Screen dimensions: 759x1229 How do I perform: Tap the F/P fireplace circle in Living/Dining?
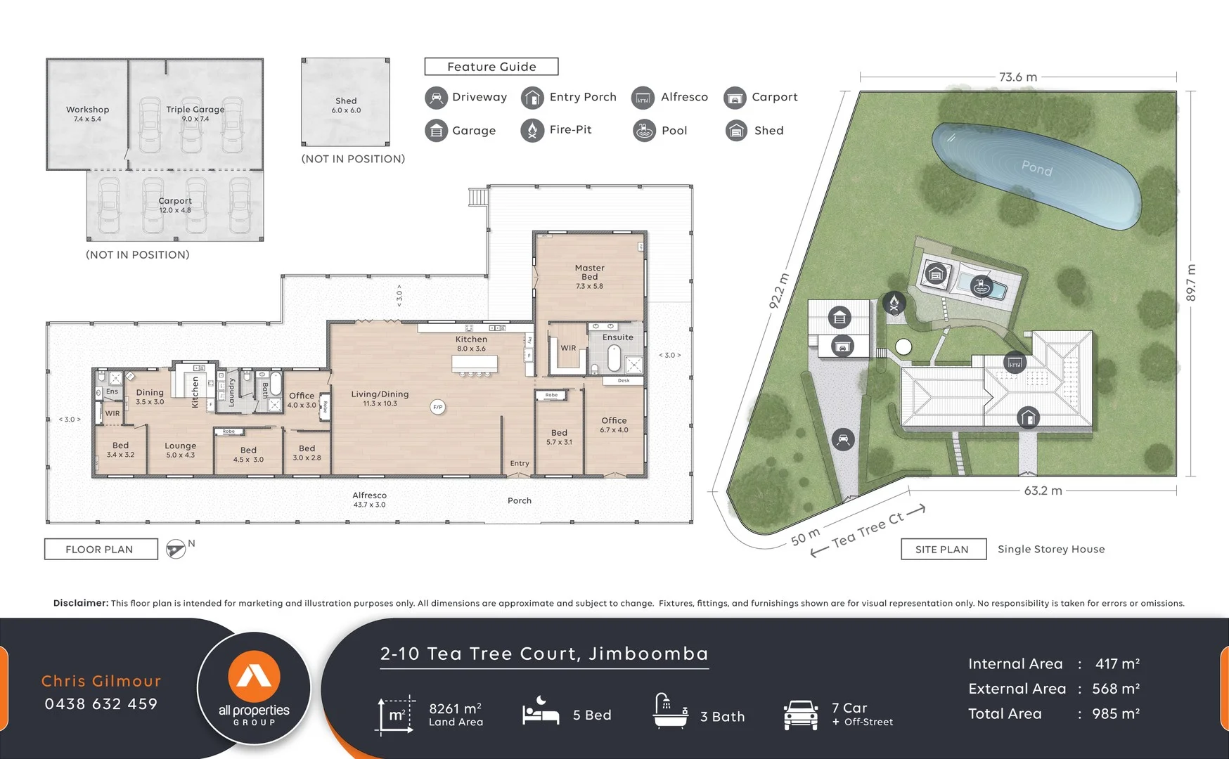pyautogui.click(x=437, y=407)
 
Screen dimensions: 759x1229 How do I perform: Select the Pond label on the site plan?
pyautogui.click(x=1036, y=168)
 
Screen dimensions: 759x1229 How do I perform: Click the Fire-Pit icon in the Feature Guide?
pyautogui.click(x=532, y=130)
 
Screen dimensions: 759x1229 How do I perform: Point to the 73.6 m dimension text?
pyautogui.click(x=1017, y=77)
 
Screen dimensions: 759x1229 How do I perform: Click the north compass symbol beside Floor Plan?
pyautogui.click(x=176, y=549)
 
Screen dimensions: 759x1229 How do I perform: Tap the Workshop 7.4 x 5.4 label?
pyautogui.click(x=87, y=114)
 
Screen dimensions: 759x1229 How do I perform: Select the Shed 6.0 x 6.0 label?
pyautogui.click(x=346, y=105)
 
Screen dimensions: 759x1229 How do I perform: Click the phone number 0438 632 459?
pyautogui.click(x=101, y=704)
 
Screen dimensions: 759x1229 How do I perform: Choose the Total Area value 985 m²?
pyautogui.click(x=1115, y=714)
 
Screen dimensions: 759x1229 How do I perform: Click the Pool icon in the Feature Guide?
pyautogui.click(x=644, y=131)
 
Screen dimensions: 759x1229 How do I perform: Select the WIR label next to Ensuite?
pyautogui.click(x=568, y=348)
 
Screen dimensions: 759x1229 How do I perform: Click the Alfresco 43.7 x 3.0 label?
pyautogui.click(x=369, y=500)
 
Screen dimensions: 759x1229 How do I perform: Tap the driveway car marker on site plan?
pyautogui.click(x=842, y=440)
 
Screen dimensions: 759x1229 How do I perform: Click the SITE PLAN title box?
pyautogui.click(x=943, y=550)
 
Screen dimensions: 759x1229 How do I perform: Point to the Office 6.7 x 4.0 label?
pyautogui.click(x=614, y=424)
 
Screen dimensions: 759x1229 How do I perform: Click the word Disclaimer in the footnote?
pyautogui.click(x=80, y=603)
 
